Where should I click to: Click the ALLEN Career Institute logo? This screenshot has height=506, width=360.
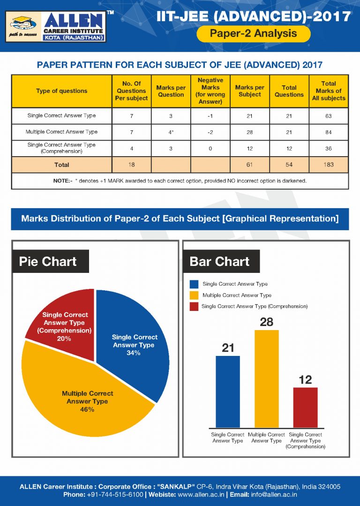(56, 27)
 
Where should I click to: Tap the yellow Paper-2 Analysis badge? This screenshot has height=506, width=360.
(253, 33)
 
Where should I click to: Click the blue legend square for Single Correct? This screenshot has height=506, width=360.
(194, 284)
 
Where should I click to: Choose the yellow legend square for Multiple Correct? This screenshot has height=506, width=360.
(194, 295)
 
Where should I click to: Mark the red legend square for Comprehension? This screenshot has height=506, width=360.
(194, 306)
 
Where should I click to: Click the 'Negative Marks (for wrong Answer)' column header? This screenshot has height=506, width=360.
(210, 91)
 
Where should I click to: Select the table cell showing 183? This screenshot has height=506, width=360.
(329, 165)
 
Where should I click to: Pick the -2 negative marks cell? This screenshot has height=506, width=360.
(210, 132)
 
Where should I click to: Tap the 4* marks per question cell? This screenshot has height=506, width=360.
(171, 132)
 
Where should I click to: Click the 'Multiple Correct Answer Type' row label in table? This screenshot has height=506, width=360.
(62, 132)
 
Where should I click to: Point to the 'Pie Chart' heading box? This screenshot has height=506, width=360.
(48, 261)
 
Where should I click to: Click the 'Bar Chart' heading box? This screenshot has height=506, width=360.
(220, 261)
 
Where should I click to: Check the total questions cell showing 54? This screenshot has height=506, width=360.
(289, 165)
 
